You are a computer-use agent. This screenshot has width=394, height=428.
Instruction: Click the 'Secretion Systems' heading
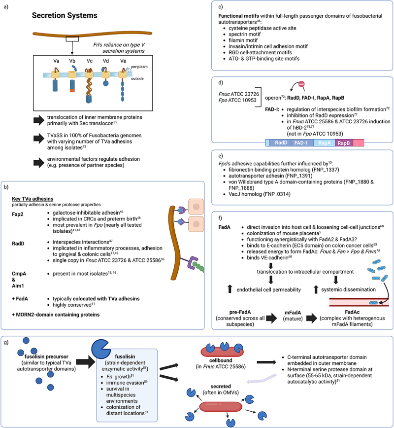pos(65,16)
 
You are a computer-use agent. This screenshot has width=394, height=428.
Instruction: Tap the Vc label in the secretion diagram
pos(90,61)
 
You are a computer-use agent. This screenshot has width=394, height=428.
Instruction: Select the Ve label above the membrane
pos(123,61)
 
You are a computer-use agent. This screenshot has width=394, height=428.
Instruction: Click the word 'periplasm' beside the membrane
pos(139,67)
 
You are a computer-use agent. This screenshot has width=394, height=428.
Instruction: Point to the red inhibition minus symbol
pos(301,84)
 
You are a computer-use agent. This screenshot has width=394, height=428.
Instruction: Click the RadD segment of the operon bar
pos(281,143)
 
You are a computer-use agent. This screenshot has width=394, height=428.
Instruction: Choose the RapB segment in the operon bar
pos(344,143)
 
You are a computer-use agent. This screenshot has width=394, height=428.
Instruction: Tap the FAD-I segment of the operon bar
pos(300,143)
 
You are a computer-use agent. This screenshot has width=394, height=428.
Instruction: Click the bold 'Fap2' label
pos(17,214)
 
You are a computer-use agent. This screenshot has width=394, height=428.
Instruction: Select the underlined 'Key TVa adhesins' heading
pos(33,199)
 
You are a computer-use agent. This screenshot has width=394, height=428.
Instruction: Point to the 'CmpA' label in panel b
pos(19,274)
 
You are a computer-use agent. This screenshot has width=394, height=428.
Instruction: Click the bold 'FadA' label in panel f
pos(225,227)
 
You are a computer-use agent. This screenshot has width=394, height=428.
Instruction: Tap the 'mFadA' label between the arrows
pos(293,313)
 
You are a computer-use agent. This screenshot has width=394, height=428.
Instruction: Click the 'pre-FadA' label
pos(240,312)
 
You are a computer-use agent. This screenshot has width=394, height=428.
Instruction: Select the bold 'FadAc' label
pos(352,312)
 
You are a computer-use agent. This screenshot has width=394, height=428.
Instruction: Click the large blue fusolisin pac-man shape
pos(101,349)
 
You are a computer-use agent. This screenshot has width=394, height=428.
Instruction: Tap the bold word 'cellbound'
pos(221,360)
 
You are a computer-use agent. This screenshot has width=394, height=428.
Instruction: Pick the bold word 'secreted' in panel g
pos(221,387)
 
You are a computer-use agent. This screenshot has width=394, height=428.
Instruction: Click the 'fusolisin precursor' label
pos(46,357)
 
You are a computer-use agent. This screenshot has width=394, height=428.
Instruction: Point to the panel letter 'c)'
pos(221,7)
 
